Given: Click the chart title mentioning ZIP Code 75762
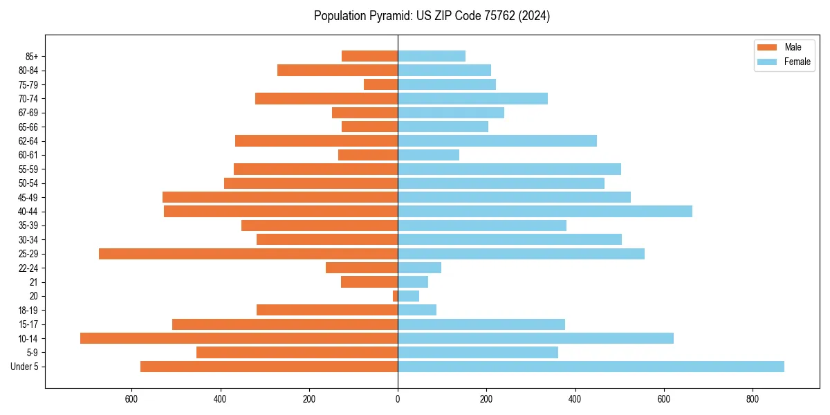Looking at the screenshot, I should [x=432, y=16].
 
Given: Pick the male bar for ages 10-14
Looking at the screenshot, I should [x=239, y=338].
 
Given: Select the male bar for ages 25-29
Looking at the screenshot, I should [x=248, y=254].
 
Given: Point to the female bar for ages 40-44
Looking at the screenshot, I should [x=545, y=212].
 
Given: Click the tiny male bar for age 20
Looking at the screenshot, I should [x=395, y=296].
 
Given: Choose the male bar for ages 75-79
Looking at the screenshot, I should [x=380, y=84].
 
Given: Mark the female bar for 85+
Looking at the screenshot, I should [x=432, y=56].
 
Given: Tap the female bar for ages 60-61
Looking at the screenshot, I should [x=428, y=155].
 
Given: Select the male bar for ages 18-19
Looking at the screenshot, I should [x=327, y=310].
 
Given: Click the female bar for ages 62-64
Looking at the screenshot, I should [x=497, y=141].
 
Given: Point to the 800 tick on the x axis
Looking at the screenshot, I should [x=753, y=399].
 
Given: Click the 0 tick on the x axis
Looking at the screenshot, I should [x=398, y=399].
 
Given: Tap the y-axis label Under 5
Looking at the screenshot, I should [x=24, y=367].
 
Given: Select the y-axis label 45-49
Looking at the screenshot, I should [x=28, y=197].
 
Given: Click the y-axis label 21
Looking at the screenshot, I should [x=33, y=282].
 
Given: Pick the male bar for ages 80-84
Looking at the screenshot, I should [x=338, y=71].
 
